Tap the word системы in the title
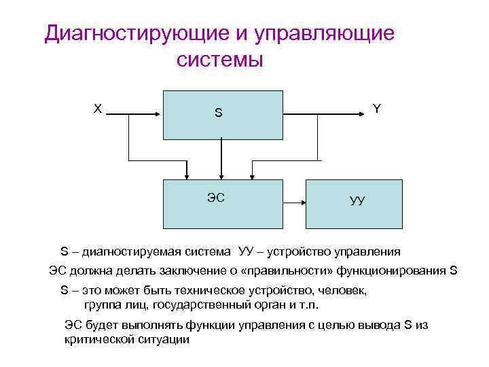[x=219, y=59]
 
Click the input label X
[x=98, y=108]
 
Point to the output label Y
[x=377, y=108]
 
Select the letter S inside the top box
[x=218, y=113]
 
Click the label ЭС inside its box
[x=216, y=197]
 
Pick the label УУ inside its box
[x=357, y=200]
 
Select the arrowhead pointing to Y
[x=358, y=115]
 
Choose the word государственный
[x=208, y=303]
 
